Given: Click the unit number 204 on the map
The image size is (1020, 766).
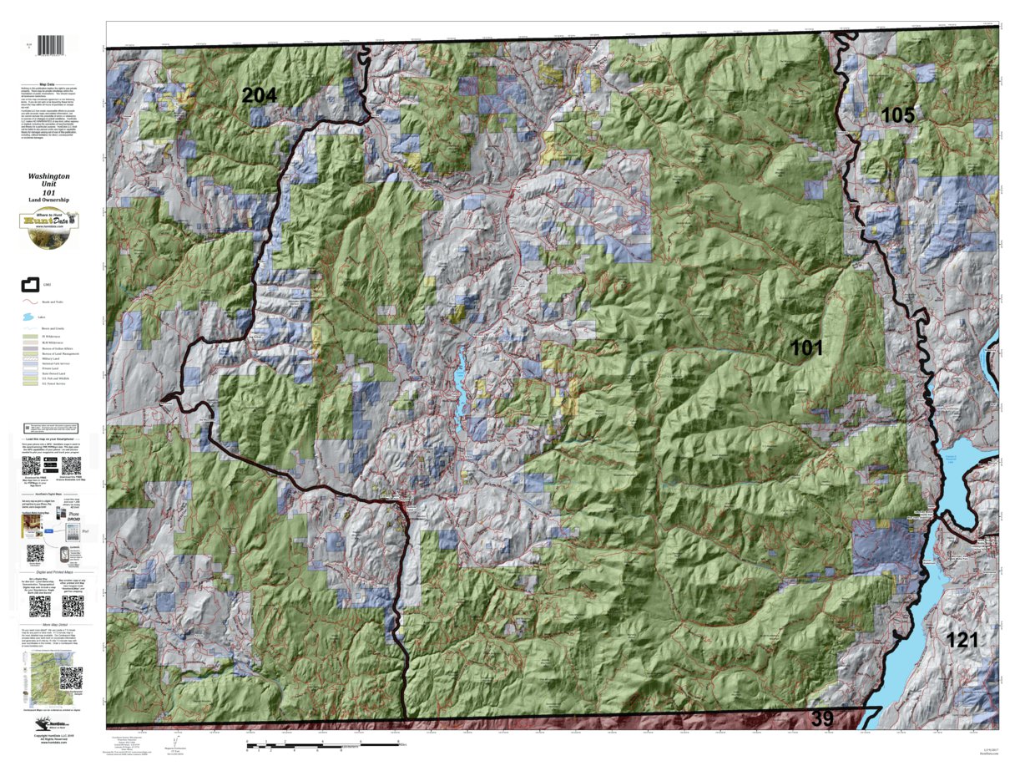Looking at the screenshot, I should click(259, 95).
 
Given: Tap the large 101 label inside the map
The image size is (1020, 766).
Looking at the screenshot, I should click(806, 348).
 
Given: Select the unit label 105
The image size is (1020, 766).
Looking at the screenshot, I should click(898, 115).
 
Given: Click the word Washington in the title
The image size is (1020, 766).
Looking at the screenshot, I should click(48, 177).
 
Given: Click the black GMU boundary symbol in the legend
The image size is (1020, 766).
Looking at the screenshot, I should click(31, 285).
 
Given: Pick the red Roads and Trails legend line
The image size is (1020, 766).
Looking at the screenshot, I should click(31, 302).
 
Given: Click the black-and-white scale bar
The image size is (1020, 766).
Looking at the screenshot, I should click(326, 742).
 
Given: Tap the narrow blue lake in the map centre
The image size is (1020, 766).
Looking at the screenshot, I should click(458, 384).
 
